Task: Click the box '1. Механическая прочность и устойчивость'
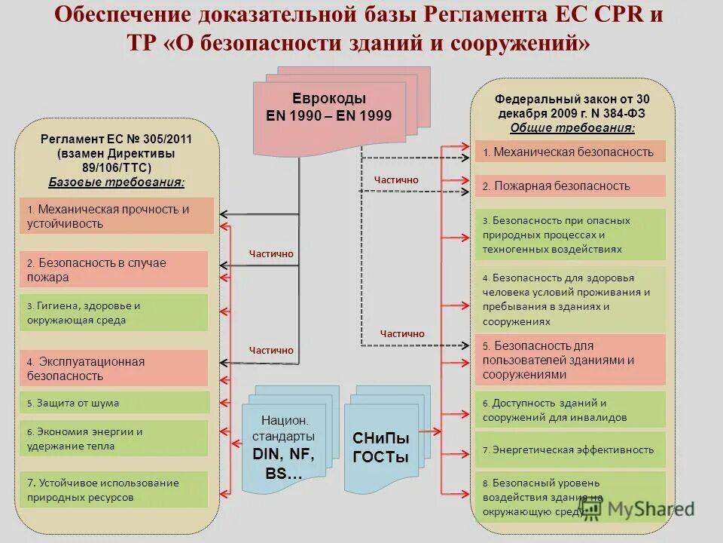(x=116, y=216)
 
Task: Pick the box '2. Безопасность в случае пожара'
(x=113, y=270)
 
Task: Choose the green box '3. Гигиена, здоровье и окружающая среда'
(x=113, y=313)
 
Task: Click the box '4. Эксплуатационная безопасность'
(x=113, y=368)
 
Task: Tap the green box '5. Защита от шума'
(x=113, y=403)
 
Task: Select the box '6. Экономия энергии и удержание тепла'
(x=113, y=438)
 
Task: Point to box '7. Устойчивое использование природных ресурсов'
(x=113, y=489)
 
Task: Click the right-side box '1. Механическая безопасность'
(x=569, y=152)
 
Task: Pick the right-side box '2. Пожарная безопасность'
(x=569, y=186)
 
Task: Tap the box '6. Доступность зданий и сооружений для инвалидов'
(x=569, y=410)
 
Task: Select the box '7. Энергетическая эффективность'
(x=569, y=449)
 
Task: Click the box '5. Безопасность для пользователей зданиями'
(x=569, y=360)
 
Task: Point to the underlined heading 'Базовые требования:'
(x=117, y=182)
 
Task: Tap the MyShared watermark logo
(x=636, y=509)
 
